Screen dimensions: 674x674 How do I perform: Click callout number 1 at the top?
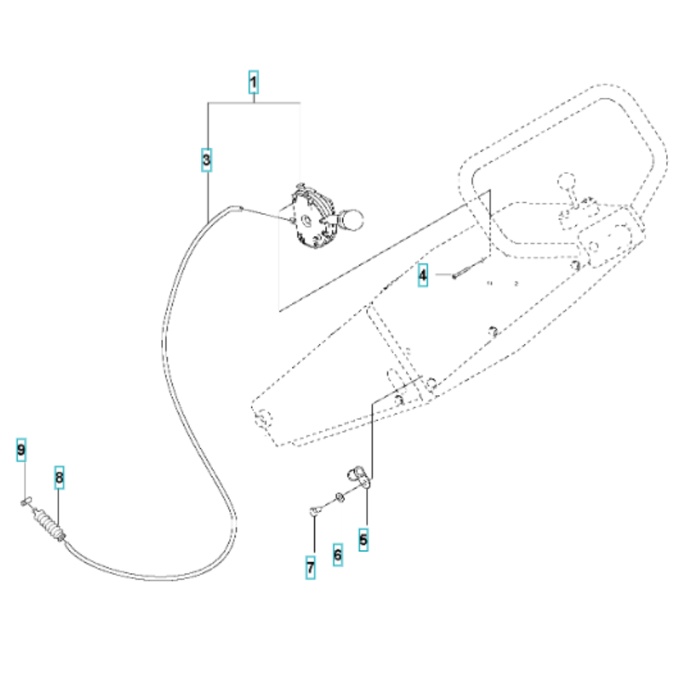[x=253, y=82]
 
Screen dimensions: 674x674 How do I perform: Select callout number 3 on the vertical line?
[x=206, y=160]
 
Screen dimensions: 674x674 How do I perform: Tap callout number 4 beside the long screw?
[x=423, y=275]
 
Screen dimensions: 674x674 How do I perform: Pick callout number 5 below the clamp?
[x=364, y=539]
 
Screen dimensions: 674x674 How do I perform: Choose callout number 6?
[x=338, y=555]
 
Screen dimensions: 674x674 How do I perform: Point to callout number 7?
[x=310, y=568]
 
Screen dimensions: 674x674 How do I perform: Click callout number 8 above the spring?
[x=59, y=478]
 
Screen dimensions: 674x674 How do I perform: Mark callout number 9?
[x=21, y=450]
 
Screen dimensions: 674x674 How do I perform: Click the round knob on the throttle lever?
[x=353, y=220]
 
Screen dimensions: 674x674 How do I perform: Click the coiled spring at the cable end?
[x=48, y=522]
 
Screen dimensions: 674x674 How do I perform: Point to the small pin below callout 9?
[x=26, y=501]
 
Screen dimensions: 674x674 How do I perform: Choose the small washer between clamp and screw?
[x=340, y=497]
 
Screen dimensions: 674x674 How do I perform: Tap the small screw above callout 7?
[x=315, y=510]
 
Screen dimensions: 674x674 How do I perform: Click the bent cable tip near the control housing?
[x=235, y=208]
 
